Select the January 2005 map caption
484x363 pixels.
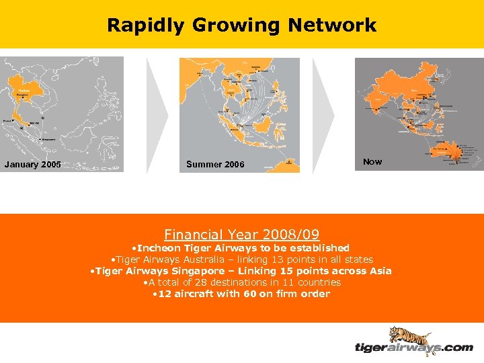(x=32, y=165)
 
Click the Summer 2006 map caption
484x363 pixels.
(x=215, y=165)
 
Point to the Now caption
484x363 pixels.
(x=372, y=161)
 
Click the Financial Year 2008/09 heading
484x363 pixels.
(x=242, y=235)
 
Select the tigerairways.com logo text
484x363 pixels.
(x=413, y=348)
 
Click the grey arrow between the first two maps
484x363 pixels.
(x=157, y=114)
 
